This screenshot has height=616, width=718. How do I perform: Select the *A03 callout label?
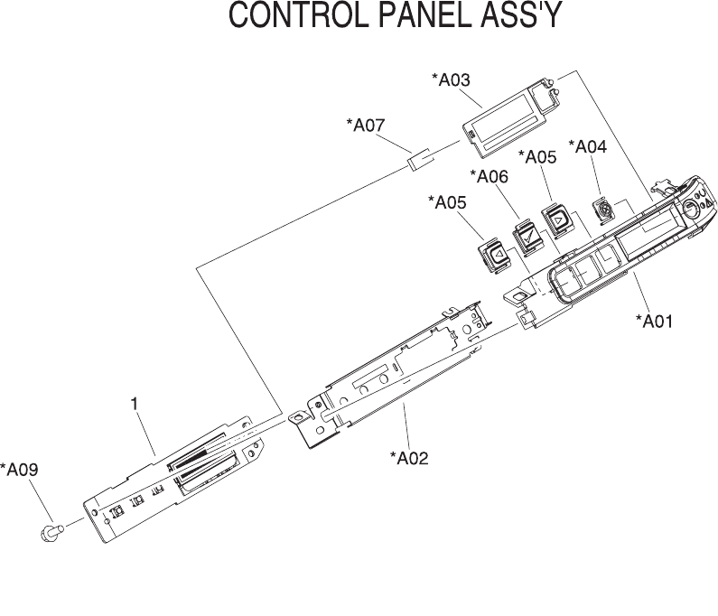coord(452,80)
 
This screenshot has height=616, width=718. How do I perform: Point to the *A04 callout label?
coord(587,146)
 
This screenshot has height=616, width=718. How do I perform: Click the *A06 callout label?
coord(490,177)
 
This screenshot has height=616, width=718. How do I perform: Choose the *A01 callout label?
coord(655,321)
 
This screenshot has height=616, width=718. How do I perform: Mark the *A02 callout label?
coord(409,458)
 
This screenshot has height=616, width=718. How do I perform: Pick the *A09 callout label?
coord(19,470)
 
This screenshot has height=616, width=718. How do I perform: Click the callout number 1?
coord(135,406)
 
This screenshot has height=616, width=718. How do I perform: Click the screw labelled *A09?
coord(50,532)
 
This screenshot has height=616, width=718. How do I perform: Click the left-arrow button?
coord(496,256)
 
